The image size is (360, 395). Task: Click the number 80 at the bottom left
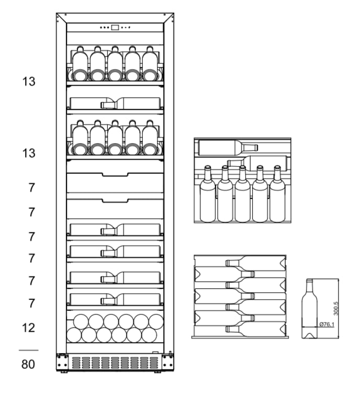pos(29,364)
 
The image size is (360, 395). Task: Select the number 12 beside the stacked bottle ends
pos(29,328)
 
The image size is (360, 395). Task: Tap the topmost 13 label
pos(29,81)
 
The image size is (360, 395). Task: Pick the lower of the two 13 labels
pos(29,153)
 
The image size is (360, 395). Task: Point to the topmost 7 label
pos(31,187)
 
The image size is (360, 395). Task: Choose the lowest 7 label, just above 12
pos(31,303)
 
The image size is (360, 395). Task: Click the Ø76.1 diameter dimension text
pos(327,325)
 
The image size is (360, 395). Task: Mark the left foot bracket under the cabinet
pos(62,362)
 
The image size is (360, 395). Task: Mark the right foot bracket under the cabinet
pos(168,362)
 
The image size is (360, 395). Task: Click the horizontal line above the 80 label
pos(29,350)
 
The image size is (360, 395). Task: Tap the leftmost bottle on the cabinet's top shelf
pos(80,64)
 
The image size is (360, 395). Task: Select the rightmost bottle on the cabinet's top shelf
pos(150,64)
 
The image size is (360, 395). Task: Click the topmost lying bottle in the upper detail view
pos(228,148)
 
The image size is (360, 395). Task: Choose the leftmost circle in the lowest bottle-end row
pos(74,335)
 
